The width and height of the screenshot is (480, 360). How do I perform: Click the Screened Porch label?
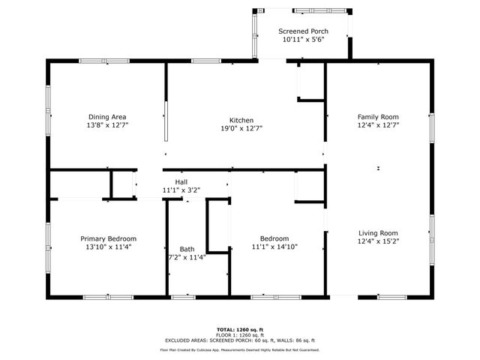(x=303, y=31)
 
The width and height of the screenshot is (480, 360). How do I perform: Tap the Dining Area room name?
(x=107, y=117)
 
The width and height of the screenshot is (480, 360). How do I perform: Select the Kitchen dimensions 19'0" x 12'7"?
(x=241, y=128)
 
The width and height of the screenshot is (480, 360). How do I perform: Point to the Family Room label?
(x=377, y=117)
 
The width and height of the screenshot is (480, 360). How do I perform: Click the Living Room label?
(x=377, y=232)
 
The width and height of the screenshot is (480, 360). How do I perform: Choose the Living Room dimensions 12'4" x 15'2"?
(x=377, y=241)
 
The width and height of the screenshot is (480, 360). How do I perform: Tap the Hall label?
(x=181, y=182)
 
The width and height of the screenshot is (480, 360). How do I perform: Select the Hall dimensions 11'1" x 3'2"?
(x=181, y=190)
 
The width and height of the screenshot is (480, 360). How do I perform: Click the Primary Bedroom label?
(x=107, y=238)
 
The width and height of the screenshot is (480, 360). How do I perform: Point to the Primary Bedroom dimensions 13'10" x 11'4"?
(x=107, y=247)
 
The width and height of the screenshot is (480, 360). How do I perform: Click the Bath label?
(x=187, y=249)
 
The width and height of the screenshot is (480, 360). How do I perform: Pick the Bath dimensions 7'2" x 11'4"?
(x=187, y=257)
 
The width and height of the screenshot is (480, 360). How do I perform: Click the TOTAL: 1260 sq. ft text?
(x=240, y=329)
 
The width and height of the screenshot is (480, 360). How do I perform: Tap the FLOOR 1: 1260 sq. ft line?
(x=240, y=334)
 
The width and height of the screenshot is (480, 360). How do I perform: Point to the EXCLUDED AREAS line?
(x=240, y=340)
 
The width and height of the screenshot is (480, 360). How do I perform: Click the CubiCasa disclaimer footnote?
(x=240, y=349)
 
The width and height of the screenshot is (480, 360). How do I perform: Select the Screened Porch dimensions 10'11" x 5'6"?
(x=303, y=40)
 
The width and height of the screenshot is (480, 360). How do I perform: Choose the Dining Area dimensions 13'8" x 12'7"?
(x=107, y=125)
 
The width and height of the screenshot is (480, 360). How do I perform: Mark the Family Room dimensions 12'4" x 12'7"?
(x=377, y=125)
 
